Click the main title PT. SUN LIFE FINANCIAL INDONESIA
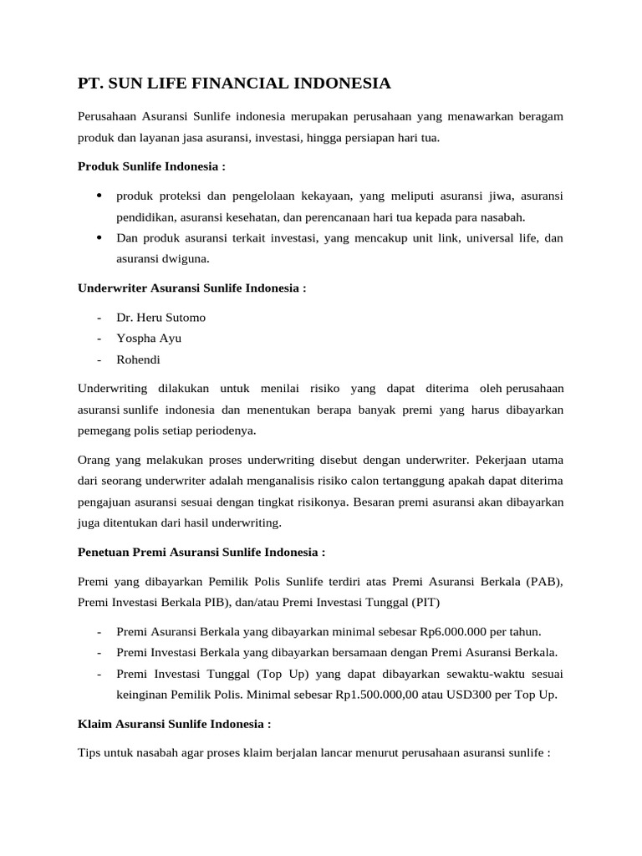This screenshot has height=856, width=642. coord(234,84)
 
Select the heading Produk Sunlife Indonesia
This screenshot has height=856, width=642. coord(151,166)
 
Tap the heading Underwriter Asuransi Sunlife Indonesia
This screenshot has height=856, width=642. coord(191,288)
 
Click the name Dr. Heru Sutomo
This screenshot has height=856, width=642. coord(160,318)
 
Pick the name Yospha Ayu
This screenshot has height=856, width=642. coord(149,339)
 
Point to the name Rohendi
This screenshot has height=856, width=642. coord(138,360)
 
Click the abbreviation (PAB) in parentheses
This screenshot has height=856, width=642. coord(545,581)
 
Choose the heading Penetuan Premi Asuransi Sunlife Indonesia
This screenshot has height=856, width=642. coord(201,553)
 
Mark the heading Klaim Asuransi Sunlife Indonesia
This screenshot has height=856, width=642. coord(174,723)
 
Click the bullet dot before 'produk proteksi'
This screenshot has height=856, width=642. coord(99,196)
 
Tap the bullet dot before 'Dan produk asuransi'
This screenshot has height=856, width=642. coord(99,237)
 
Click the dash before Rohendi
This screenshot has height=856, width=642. coord(99,360)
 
